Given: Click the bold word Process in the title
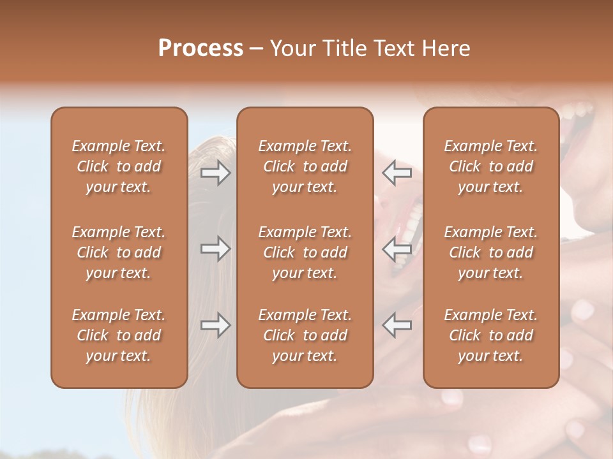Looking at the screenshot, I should [201, 48].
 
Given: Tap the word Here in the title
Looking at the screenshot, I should [445, 48].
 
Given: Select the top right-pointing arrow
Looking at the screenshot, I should [215, 173].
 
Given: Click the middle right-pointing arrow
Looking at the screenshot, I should [215, 249].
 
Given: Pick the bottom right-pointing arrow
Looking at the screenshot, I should [215, 325].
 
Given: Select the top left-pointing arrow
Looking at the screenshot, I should [397, 173].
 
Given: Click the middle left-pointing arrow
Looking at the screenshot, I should [397, 249].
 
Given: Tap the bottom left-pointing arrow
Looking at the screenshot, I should [397, 325].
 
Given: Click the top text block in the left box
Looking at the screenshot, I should [119, 166].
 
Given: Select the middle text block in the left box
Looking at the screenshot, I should [119, 252].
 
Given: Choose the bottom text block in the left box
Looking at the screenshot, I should [119, 335].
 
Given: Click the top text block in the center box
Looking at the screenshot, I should [305, 166].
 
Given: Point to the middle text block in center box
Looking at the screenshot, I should [305, 252].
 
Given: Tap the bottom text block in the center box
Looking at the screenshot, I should [305, 335].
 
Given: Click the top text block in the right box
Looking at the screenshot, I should [490, 166].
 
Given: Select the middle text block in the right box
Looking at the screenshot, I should [490, 252].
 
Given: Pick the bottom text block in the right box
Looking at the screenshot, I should [490, 335].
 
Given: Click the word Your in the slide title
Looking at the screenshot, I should [292, 48].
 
